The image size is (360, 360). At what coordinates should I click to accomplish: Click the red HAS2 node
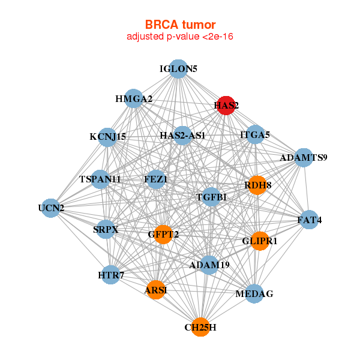[x=226, y=106]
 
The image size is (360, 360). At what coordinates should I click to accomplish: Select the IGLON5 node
[x=178, y=69]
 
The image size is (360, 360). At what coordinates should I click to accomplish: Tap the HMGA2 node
[x=133, y=98]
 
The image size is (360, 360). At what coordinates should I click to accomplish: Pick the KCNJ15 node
[x=107, y=137]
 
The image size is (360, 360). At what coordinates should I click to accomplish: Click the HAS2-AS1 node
[x=182, y=136]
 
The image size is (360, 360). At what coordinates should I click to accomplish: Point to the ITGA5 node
[x=254, y=135]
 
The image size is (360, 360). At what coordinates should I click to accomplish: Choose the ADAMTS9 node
[x=304, y=158]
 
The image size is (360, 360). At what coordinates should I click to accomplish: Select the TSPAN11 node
[x=100, y=179]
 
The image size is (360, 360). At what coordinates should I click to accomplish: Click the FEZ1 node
[x=156, y=179]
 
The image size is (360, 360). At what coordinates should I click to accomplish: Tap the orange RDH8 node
[x=257, y=185]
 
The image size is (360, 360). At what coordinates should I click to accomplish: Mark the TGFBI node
[x=211, y=197]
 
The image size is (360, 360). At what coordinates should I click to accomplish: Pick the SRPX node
[x=106, y=229]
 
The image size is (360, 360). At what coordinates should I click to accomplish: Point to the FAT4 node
[x=309, y=220]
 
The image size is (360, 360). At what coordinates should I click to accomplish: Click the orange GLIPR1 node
[x=259, y=241]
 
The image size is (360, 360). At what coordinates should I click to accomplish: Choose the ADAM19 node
[x=209, y=265]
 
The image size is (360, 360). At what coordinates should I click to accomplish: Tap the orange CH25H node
[x=200, y=327]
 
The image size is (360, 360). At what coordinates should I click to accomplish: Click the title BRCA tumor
[x=180, y=25]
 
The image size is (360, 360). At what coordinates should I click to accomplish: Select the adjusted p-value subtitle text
[x=180, y=37]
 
